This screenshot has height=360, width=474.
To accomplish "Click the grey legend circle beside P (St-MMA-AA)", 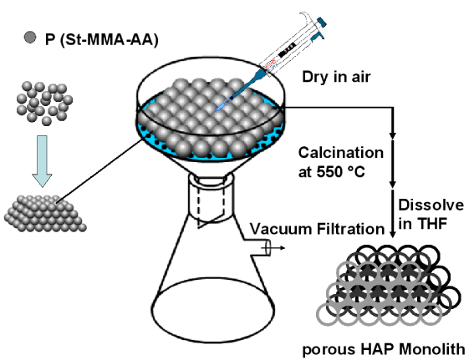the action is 30,38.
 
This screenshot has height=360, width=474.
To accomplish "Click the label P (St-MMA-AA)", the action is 102,39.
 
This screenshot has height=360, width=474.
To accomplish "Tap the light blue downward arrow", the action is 42,161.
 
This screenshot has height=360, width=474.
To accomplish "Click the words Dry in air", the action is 336,77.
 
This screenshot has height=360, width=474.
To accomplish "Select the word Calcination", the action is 341,153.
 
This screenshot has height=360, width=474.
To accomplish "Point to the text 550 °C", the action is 341,172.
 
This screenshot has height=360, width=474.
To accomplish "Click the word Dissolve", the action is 431,205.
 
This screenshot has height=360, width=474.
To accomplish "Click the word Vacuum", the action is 282,229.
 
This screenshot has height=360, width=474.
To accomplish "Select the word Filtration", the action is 350,229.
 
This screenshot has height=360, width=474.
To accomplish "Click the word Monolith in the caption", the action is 432,349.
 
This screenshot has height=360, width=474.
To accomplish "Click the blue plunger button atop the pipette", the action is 322,22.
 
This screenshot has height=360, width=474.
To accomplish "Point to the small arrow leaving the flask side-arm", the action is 275,248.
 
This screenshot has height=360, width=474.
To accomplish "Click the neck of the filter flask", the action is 212,198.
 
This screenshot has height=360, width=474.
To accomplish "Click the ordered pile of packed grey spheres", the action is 45,214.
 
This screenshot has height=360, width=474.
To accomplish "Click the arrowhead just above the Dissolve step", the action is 392,184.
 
